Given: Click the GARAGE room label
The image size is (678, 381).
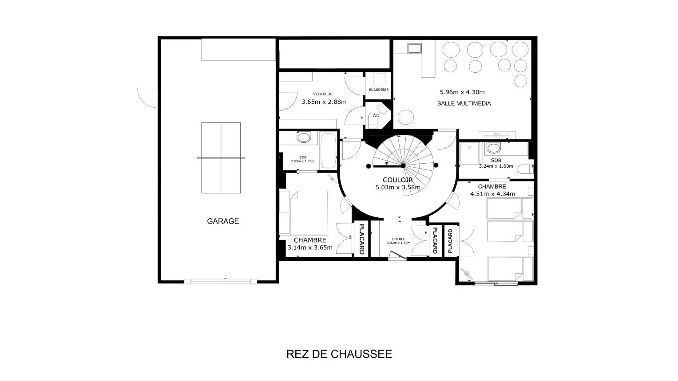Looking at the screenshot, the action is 223,221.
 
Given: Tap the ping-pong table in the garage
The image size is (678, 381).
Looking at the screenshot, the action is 221,158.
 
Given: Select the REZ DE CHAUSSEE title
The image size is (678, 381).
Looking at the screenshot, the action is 339,354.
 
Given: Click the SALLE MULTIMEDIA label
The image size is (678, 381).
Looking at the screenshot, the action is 464,103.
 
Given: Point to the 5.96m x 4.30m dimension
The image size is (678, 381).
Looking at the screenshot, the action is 462,92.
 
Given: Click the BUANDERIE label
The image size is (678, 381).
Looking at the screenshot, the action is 379,90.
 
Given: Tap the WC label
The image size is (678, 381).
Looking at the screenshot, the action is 376,116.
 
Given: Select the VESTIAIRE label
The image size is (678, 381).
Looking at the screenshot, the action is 323,94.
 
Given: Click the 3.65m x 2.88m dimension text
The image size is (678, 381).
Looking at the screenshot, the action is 324,102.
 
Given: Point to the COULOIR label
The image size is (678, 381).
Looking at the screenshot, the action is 398,180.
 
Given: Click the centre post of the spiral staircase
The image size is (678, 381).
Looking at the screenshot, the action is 403,166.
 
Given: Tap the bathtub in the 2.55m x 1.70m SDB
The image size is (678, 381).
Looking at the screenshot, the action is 328,151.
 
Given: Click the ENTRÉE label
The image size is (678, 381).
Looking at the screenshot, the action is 399,239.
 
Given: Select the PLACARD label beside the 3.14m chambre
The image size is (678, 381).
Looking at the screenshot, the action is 361,239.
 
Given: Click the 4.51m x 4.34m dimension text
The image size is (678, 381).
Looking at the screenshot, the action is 493,194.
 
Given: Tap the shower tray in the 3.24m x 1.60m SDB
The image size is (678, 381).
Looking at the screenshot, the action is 469,153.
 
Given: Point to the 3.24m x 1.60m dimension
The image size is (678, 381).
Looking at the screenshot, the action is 496,166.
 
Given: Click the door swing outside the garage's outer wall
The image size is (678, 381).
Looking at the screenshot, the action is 147,98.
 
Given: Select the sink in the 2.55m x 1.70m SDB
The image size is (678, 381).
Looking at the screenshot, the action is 304,137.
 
